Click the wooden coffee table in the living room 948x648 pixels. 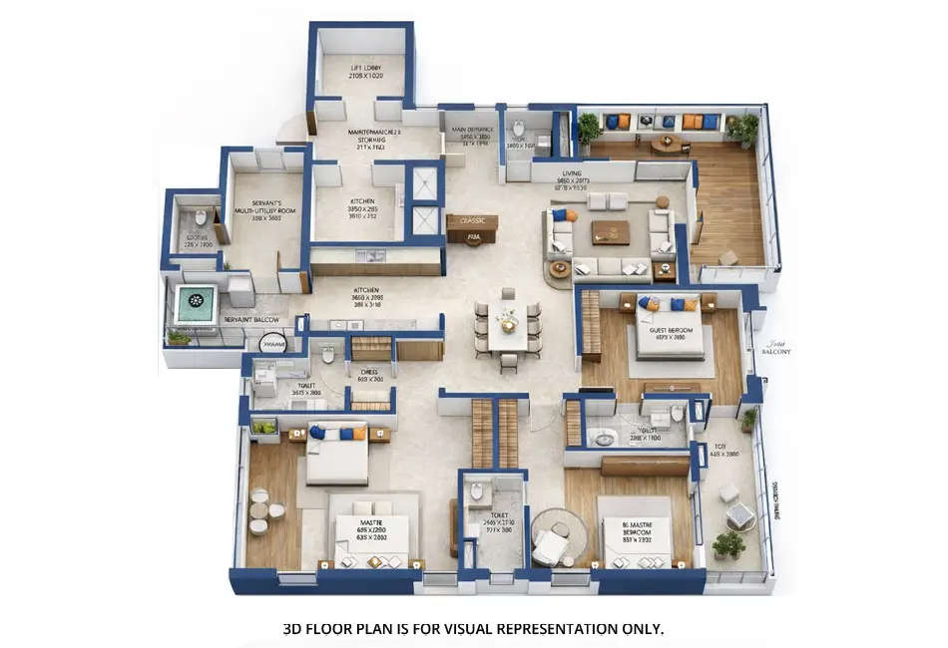coord(610,232)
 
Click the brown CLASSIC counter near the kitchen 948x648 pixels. coord(472,221)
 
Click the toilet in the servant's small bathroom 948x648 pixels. coord(199,217)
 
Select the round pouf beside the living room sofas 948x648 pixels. coord(560,269)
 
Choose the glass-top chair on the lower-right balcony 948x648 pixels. coord(739,514)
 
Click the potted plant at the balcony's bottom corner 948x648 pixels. coord(729,544)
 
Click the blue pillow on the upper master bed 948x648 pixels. coord(318,433)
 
